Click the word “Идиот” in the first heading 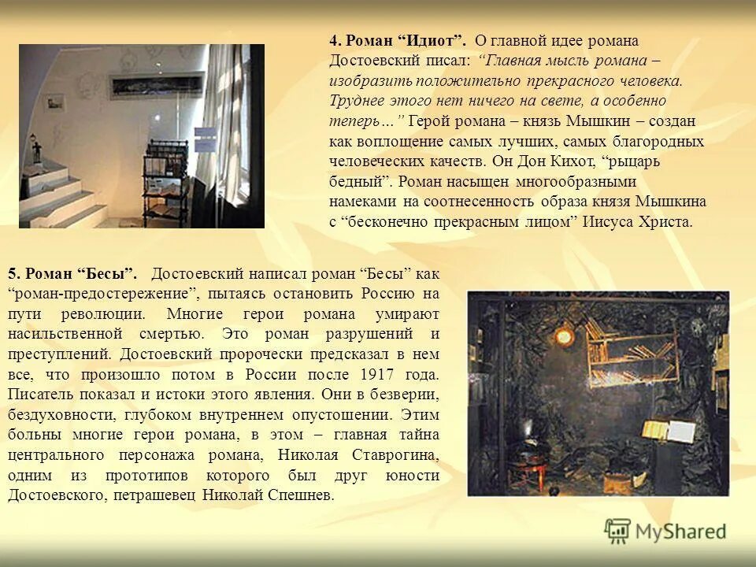tap(433, 41)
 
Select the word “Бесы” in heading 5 tap(107, 273)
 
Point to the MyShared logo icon tap(618, 532)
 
